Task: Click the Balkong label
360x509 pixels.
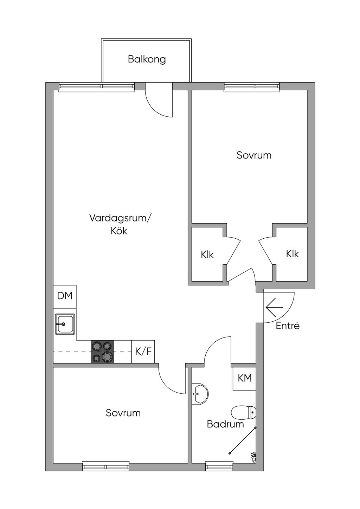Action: coord(147,59)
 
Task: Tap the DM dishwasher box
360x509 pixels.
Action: coord(65,296)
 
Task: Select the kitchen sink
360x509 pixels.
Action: coord(65,324)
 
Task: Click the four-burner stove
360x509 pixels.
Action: coord(103,352)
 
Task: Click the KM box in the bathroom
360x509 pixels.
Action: coord(245,378)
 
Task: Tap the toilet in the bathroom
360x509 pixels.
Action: coord(244,412)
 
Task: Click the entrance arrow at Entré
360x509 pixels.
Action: coord(274,308)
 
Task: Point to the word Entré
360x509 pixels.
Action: coord(288,326)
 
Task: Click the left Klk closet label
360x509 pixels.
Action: coord(207,254)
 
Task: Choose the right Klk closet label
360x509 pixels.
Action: coord(292,253)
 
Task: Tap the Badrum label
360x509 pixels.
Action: coord(225,424)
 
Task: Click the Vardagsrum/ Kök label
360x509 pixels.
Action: coord(119,224)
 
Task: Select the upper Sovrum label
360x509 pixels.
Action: coord(254,155)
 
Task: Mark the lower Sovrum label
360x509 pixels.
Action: coord(123,413)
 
